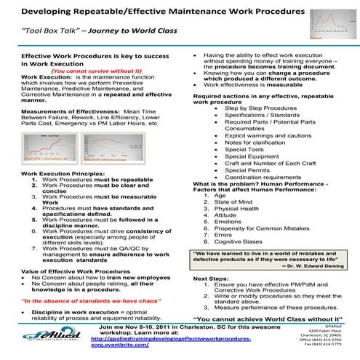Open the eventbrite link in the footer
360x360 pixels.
(175, 343)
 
